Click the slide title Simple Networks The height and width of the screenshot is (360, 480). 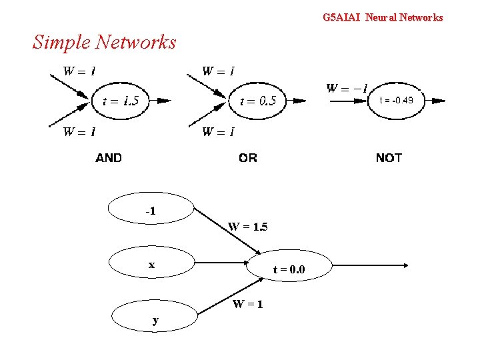tap(104, 42)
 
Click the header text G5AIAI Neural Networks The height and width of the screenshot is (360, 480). tap(382, 17)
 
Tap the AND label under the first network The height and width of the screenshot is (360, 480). tap(109, 158)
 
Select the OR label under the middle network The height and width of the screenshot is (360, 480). tap(247, 158)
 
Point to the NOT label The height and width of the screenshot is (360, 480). tap(389, 158)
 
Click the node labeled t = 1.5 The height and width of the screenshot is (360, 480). tap(121, 101)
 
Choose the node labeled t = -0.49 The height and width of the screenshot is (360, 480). tap(396, 101)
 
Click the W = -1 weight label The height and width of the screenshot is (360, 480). tap(346, 88)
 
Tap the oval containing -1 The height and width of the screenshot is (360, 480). tap(152, 211)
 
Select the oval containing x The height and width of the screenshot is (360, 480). tap(152, 265)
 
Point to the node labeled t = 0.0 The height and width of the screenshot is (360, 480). tap(289, 269)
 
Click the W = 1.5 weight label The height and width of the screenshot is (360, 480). tap(247, 227)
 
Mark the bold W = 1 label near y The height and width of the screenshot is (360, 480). tap(247, 304)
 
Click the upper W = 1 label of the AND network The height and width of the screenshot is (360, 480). tap(79, 71)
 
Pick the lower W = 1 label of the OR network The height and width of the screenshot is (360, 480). tap(218, 131)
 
